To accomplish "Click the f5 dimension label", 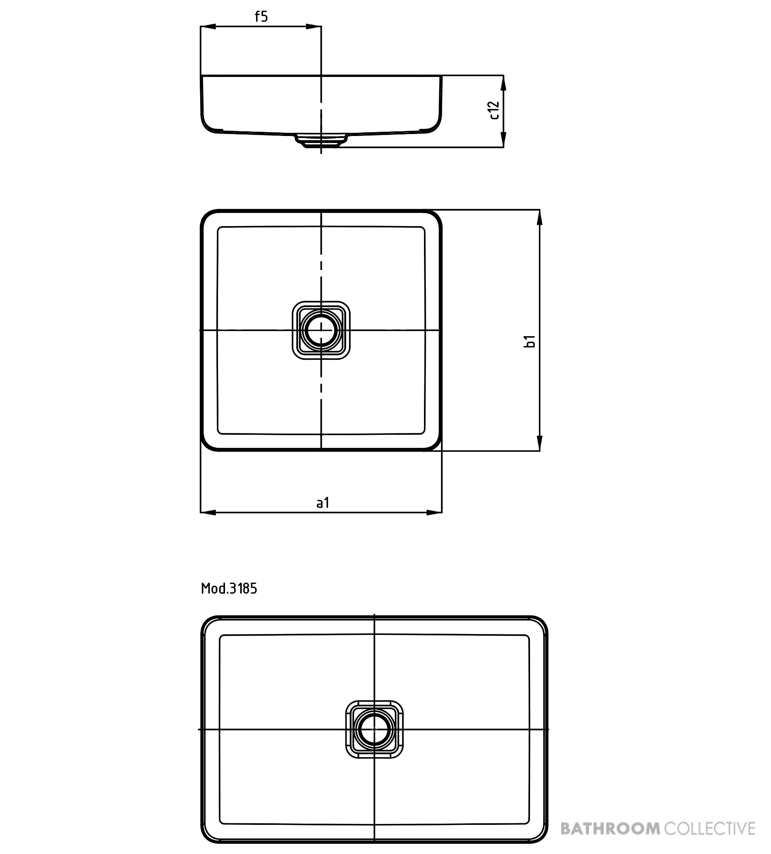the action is coord(262,17).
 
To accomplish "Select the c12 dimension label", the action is coord(494,110).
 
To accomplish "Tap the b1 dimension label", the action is coord(530,341).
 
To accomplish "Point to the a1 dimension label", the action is coord(323,503).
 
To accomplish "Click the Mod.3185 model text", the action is coord(229,588).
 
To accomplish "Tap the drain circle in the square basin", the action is coord(321,330).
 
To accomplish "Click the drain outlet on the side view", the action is coord(321,141).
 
